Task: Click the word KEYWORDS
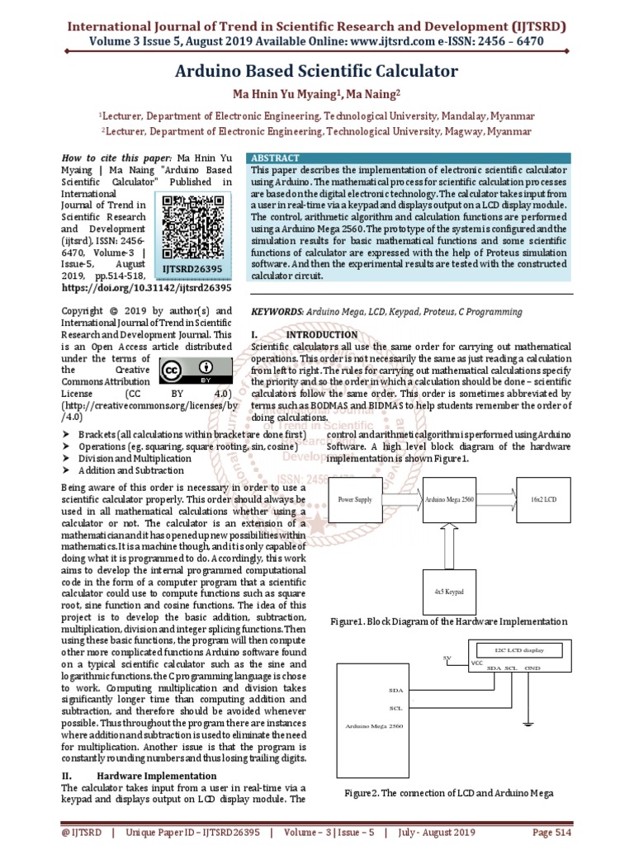coord(276,312)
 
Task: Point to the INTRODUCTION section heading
coord(323,335)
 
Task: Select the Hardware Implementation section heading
coord(157,776)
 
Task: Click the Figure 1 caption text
coord(447,621)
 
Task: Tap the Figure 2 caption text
coord(448,793)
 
